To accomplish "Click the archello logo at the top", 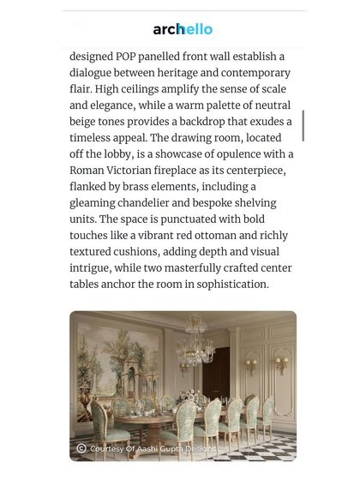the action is coord(183,29).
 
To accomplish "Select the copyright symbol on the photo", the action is coord(81,448).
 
